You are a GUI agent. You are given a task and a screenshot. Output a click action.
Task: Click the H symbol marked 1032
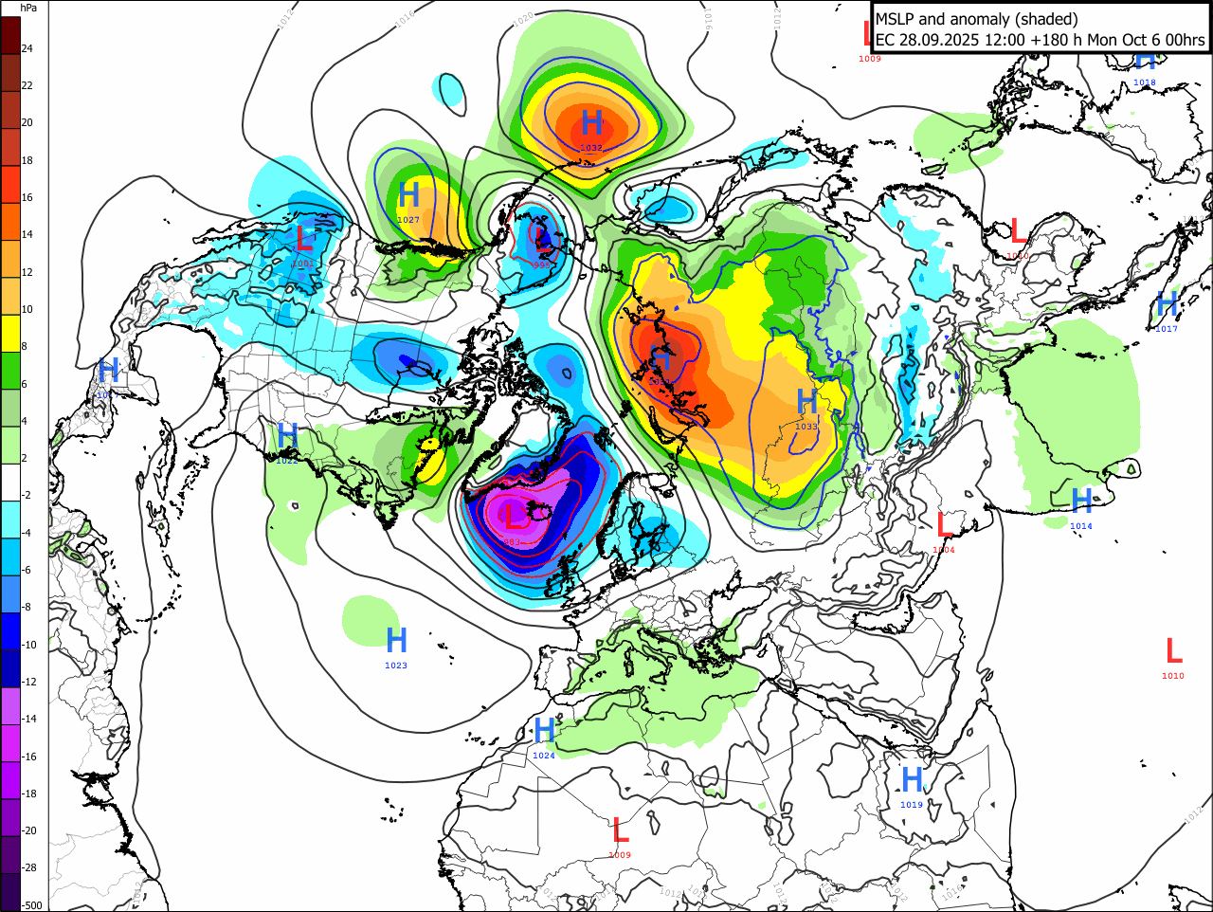tap(592, 122)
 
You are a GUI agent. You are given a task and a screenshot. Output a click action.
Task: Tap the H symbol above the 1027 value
tap(408, 194)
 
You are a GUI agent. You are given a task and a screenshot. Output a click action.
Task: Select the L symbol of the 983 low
tap(513, 517)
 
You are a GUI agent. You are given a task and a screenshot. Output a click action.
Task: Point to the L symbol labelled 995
tap(540, 237)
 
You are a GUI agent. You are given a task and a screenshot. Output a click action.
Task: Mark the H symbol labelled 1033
tap(806, 401)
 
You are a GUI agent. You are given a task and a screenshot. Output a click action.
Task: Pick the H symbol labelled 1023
tap(396, 640)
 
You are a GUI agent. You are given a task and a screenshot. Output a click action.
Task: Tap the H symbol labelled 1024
tap(544, 730)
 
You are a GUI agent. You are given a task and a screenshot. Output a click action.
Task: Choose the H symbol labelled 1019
tap(912, 779)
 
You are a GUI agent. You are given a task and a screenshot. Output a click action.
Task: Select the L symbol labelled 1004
tap(944, 524)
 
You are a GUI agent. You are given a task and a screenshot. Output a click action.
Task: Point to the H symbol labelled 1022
tap(287, 436)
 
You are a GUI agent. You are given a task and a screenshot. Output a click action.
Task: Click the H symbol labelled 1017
tap(1167, 304)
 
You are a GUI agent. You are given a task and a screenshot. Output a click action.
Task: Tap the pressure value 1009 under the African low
tap(620, 855)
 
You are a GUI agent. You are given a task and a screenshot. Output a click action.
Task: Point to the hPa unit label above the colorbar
tap(28, 8)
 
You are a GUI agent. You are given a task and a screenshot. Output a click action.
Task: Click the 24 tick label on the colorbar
tap(27, 48)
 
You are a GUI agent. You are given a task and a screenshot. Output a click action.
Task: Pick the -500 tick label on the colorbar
tap(31, 905)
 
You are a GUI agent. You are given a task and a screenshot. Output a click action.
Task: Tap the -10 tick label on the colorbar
tap(29, 645)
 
